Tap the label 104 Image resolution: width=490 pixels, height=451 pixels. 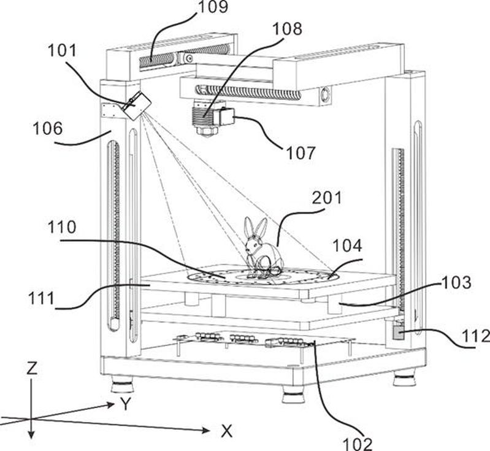pos(347,246)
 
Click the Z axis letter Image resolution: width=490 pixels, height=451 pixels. pos(33,368)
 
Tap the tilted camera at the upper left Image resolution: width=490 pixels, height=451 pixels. pos(136,105)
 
